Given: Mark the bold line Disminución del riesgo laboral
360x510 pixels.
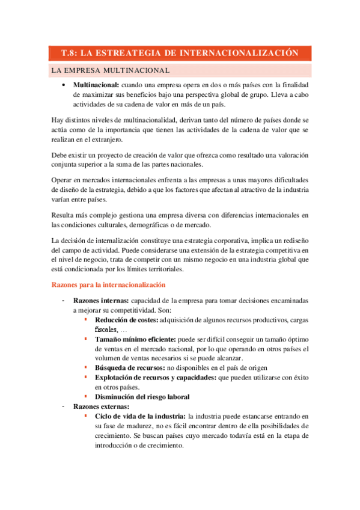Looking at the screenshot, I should point(142,397).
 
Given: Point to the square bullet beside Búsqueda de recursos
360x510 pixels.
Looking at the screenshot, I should point(87,368).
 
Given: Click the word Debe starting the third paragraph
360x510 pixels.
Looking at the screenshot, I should point(61,155).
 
